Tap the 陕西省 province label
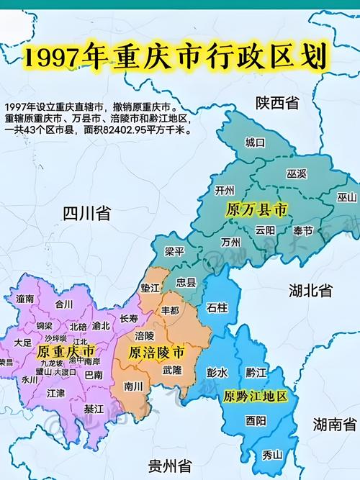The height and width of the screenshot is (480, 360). pyautogui.click(x=277, y=104)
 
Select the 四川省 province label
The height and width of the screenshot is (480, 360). pyautogui.click(x=86, y=213)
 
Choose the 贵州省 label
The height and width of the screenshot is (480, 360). pyautogui.click(x=166, y=462)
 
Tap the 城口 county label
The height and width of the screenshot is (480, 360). pyautogui.click(x=256, y=142)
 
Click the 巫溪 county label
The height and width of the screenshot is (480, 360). pyautogui.click(x=297, y=174)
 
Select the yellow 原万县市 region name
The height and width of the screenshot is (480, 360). pyautogui.click(x=256, y=210)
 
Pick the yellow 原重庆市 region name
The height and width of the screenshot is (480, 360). pyautogui.click(x=65, y=351)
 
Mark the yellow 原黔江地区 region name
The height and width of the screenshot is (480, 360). pyautogui.click(x=256, y=397)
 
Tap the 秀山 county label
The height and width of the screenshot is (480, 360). pyautogui.click(x=272, y=454)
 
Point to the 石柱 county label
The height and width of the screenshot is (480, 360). pyautogui.click(x=217, y=309)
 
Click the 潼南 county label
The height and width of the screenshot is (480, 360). pyautogui.click(x=25, y=298)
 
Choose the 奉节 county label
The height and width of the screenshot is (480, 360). pyautogui.click(x=303, y=231)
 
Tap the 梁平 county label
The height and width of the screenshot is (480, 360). pyautogui.click(x=174, y=252)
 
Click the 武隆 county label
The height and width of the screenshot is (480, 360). pyautogui.click(x=172, y=369)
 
